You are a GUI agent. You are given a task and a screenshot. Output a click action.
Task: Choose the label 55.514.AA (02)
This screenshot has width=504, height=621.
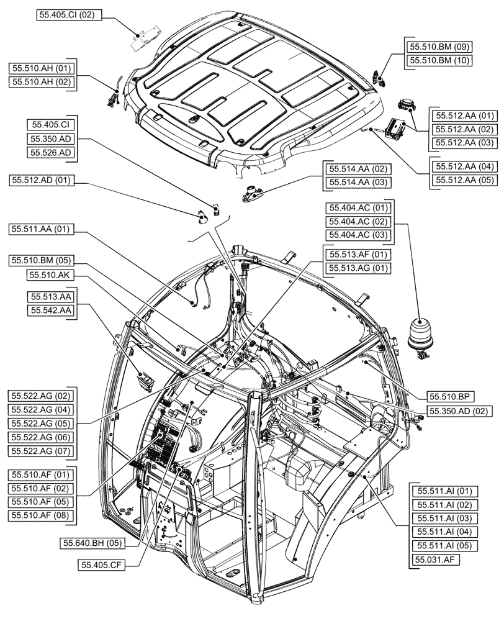[358, 169]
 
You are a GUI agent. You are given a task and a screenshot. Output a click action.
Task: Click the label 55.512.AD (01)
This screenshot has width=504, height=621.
[42, 181]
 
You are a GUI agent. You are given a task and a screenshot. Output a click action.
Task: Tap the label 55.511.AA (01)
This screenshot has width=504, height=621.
[42, 230]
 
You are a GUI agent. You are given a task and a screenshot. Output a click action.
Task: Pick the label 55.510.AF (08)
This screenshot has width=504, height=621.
[41, 515]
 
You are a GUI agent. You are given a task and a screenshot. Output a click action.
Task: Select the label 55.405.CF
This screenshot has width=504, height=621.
[102, 564]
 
